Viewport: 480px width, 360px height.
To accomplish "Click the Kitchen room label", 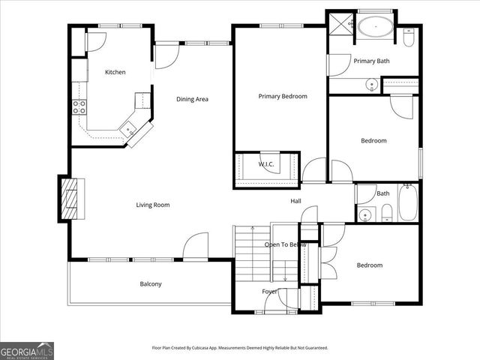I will (x=115, y=72).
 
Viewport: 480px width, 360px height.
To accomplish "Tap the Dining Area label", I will (x=192, y=99).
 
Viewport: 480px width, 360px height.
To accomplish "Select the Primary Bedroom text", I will (x=282, y=96).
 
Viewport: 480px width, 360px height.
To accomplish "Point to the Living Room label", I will (x=152, y=205).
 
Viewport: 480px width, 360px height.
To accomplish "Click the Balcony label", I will (x=151, y=283).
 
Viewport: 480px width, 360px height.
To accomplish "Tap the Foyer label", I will (x=269, y=291).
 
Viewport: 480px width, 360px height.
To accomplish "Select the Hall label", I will (x=296, y=201).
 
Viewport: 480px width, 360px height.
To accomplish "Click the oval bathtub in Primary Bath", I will (x=373, y=27).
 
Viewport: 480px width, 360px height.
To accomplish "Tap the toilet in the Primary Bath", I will (x=409, y=36).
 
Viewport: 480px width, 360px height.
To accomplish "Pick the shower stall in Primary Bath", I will (x=338, y=23).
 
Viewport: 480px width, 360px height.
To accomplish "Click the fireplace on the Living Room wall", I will (x=71, y=198).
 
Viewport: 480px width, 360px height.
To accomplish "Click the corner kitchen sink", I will (x=129, y=128).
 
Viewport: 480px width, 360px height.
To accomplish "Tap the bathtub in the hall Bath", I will (x=408, y=202).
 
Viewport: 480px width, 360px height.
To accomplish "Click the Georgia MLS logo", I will (x=27, y=350).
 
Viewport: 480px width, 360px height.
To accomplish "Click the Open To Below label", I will (x=285, y=244).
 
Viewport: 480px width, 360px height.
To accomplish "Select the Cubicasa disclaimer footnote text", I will (x=240, y=348).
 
